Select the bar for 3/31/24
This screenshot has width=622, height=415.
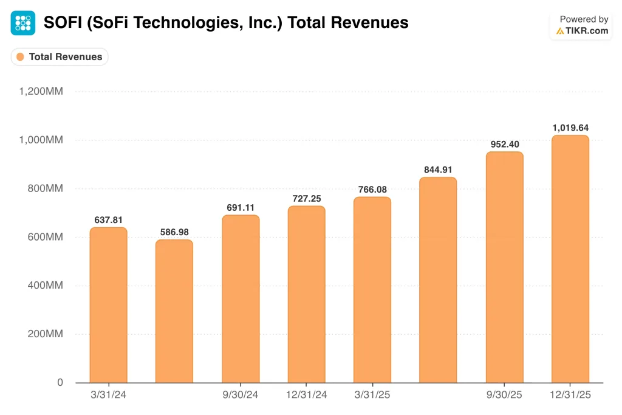pyautogui.click(x=108, y=304)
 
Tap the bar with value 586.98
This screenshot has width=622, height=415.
pyautogui.click(x=174, y=310)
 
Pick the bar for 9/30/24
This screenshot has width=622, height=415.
pyautogui.click(x=241, y=298)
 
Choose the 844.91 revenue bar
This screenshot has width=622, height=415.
pyautogui.click(x=438, y=280)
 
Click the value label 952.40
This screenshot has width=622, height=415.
pyautogui.click(x=504, y=144)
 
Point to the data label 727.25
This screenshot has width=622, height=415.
pyautogui.click(x=306, y=198)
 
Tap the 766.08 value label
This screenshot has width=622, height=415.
pyautogui.click(x=372, y=189)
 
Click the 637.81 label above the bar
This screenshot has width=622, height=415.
pyautogui.click(x=108, y=220)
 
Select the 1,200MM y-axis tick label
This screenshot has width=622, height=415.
pyautogui.click(x=41, y=92)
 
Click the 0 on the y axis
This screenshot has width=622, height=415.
pyautogui.click(x=60, y=383)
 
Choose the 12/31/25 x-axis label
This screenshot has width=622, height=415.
pyautogui.click(x=570, y=395)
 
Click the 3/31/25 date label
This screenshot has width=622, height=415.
pyautogui.click(x=372, y=395)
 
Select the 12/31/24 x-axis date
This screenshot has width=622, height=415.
pyautogui.click(x=306, y=395)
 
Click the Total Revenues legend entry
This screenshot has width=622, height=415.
pyautogui.click(x=60, y=57)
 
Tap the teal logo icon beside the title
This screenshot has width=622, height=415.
pyautogui.click(x=23, y=23)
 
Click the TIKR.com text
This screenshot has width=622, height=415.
pyautogui.click(x=587, y=30)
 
